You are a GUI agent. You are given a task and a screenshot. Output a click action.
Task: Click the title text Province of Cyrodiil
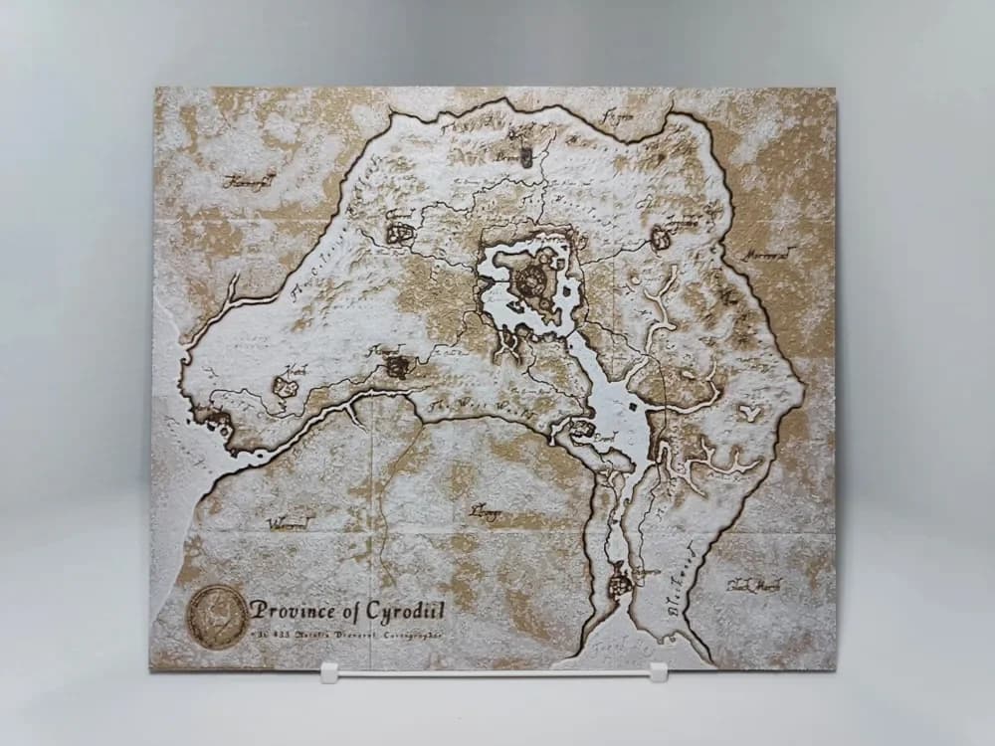click(x=347, y=608)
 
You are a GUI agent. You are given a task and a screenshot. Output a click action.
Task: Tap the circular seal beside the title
click(x=218, y=616)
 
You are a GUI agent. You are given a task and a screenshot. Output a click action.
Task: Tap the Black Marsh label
click(x=753, y=586)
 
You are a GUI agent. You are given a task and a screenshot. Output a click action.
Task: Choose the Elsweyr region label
click(x=486, y=512)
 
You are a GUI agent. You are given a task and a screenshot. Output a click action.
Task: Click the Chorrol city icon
click(x=400, y=233)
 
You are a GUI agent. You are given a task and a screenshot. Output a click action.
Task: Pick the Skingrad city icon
click(x=398, y=367)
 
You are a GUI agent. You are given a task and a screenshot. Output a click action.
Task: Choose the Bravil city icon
click(x=581, y=431)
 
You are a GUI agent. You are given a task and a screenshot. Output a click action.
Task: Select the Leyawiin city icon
click(x=619, y=581)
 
